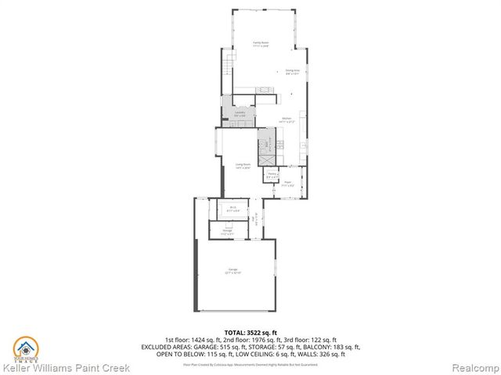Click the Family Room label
tap(261, 44)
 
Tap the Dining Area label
tap(292, 71)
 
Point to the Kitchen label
tap(287, 120)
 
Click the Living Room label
tap(243, 166)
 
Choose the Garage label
tap(233, 271)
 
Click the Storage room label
tap(228, 231)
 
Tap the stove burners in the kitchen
tap(265, 91)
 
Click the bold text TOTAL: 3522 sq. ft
tap(250, 332)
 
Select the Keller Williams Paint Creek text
tap(66, 366)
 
